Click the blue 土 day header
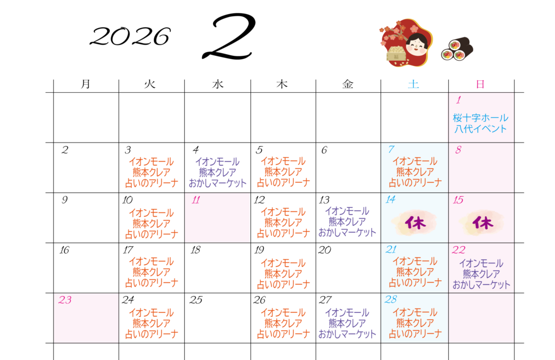414,84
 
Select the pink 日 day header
480,84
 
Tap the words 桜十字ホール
481,118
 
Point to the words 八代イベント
481,129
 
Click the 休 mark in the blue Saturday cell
415,223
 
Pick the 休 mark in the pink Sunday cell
481,223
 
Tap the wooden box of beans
396,55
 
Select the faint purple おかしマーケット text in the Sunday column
481,284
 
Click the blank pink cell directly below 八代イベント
481,168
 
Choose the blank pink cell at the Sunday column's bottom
481,318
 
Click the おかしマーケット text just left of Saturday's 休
347,232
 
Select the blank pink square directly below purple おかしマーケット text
217,218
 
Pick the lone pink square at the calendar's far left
86,318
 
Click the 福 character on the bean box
396,56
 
